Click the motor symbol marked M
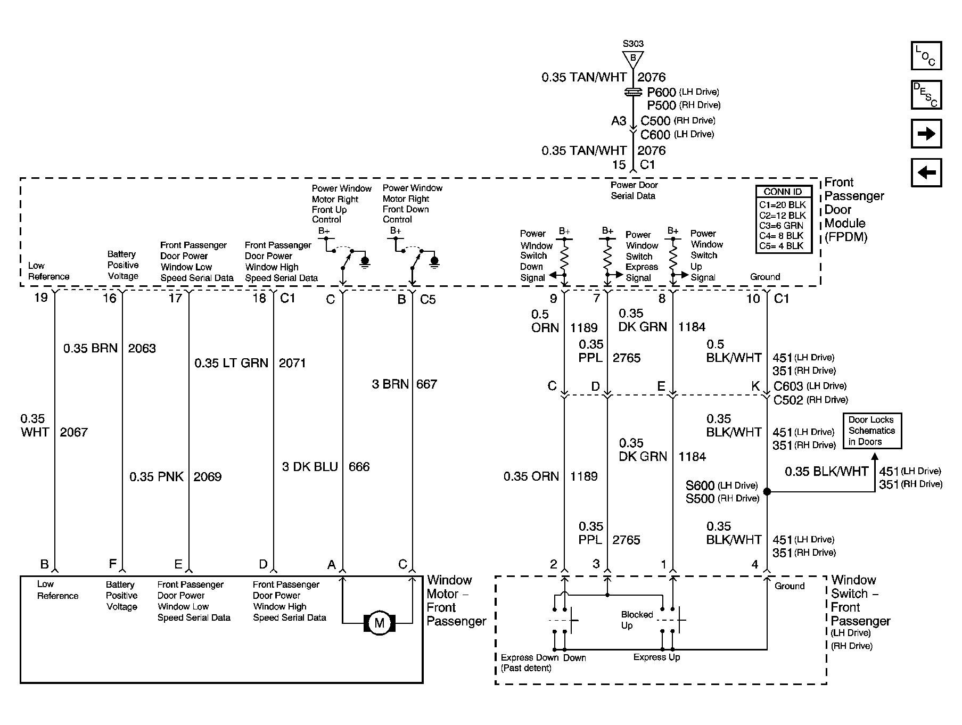coord(379,622)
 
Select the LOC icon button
coord(926,56)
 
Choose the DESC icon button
coord(926,95)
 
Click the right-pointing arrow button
coord(926,134)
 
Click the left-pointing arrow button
coord(926,172)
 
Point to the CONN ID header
coord(783,192)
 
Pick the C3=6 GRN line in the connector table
coord(782,225)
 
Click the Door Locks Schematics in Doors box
coord(871,431)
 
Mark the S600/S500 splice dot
coord(767,491)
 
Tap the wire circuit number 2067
coord(73,432)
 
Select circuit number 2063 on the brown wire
coord(142,349)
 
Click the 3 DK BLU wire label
coord(310,467)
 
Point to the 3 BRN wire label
coord(390,384)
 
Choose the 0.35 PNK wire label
coord(157,476)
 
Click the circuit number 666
coord(359,467)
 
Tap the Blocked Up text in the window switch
coord(637,620)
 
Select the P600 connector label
coord(661,92)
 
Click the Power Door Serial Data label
coord(634,191)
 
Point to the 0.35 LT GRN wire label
coord(231,363)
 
